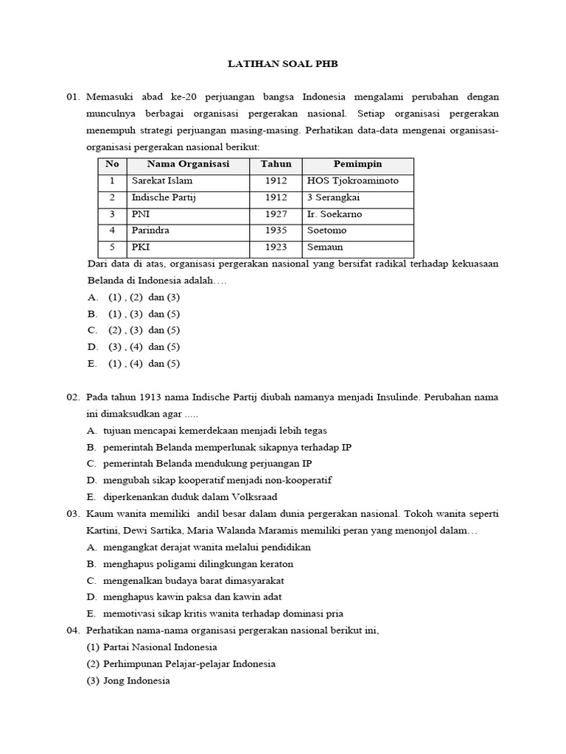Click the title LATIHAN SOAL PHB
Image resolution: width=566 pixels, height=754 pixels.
(x=282, y=65)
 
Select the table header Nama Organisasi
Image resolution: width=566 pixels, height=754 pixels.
(x=188, y=164)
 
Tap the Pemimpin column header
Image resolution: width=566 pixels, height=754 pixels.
(x=357, y=164)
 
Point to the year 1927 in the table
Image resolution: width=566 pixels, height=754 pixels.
(x=276, y=214)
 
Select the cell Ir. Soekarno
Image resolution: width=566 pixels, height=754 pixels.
(x=335, y=214)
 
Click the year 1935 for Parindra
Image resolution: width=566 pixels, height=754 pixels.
(x=276, y=230)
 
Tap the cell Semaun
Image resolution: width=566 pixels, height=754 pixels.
(x=325, y=247)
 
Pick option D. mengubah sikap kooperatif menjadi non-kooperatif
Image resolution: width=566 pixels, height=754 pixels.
(x=209, y=480)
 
